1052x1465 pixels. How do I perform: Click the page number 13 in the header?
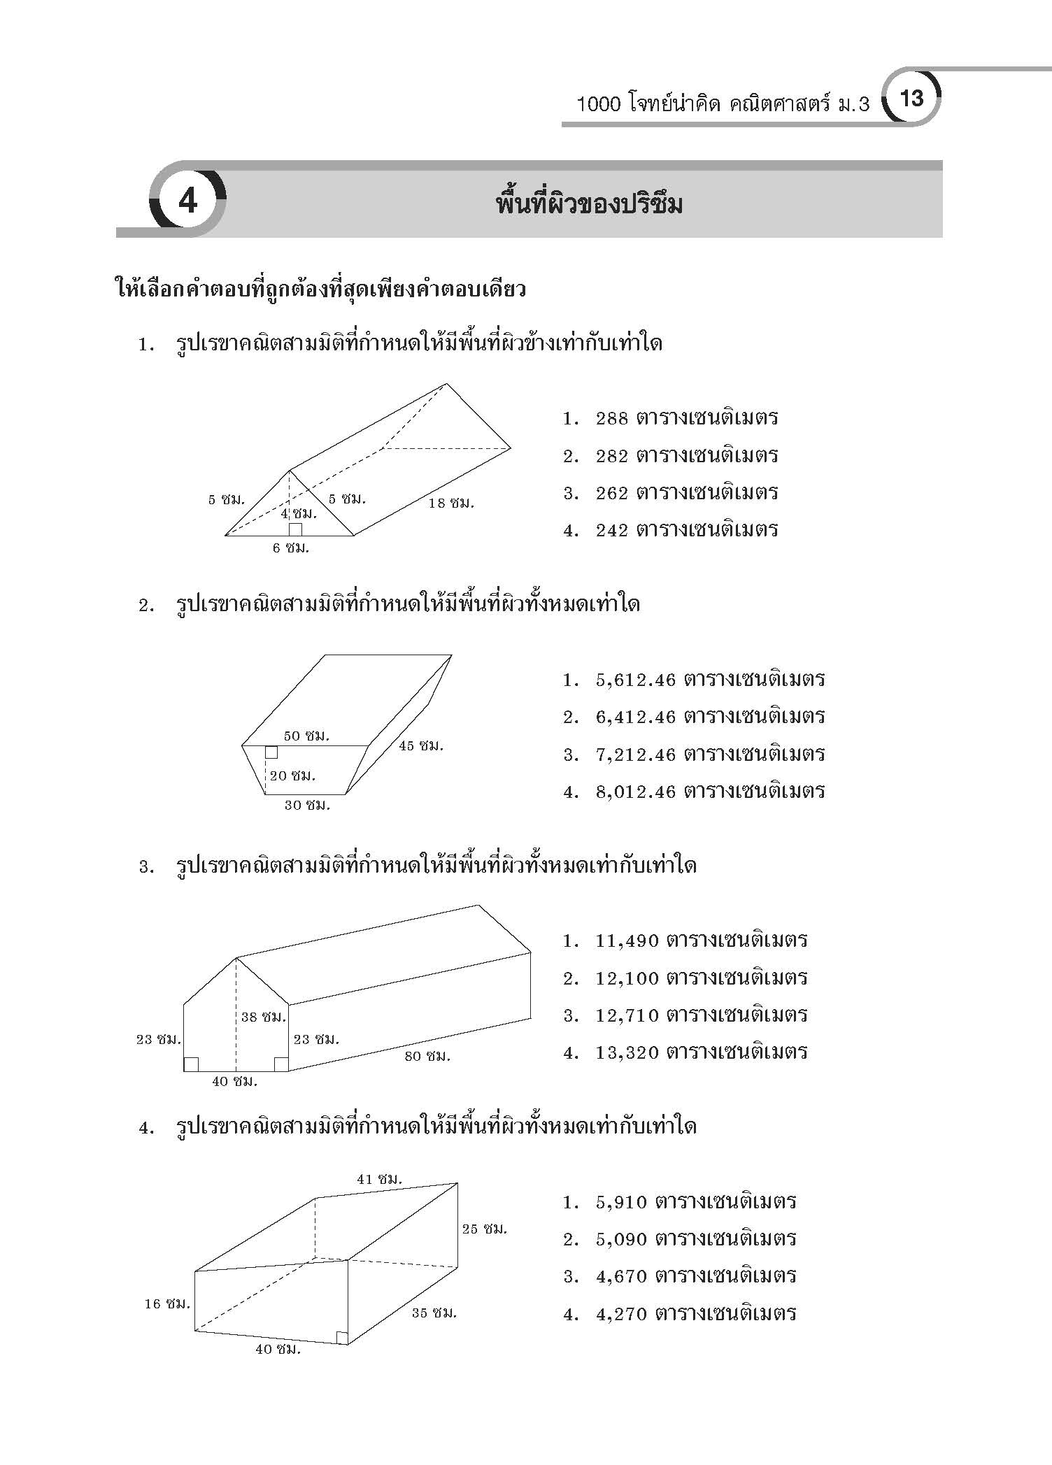[913, 99]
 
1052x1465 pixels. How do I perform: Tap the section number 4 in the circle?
[187, 201]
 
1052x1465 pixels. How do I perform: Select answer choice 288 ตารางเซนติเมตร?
[686, 418]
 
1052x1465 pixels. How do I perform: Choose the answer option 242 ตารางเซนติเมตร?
[686, 529]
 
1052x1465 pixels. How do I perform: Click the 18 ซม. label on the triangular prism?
[451, 503]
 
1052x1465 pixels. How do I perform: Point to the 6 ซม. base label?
[290, 548]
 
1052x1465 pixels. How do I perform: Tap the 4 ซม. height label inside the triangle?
[299, 513]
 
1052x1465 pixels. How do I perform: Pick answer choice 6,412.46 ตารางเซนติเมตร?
[710, 716]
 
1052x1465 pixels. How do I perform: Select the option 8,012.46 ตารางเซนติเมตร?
[710, 791]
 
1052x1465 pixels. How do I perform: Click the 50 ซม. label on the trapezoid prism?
[306, 736]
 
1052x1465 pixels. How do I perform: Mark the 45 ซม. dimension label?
[421, 745]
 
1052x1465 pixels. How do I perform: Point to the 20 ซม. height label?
[292, 775]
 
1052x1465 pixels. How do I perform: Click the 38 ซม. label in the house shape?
[264, 1017]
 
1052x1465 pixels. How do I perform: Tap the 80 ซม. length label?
[427, 1055]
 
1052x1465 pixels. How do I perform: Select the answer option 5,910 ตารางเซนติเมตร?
[696, 1201]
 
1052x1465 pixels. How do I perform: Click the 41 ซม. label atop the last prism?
[380, 1178]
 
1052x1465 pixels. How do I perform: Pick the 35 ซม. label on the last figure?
[434, 1313]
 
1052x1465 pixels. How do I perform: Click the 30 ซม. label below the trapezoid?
[307, 805]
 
